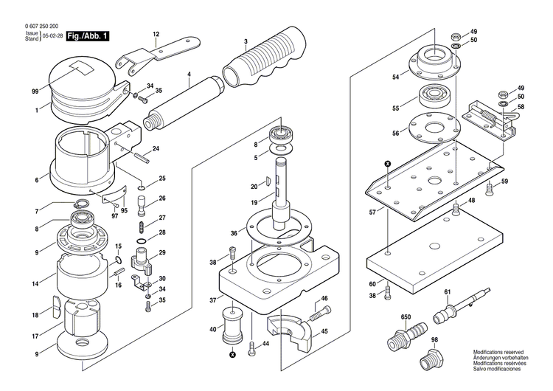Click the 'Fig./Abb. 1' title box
(x=88, y=36)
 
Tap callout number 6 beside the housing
(x=36, y=179)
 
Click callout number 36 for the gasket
(x=233, y=233)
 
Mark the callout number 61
(x=447, y=292)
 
